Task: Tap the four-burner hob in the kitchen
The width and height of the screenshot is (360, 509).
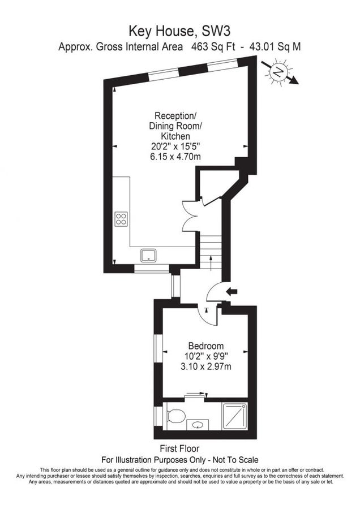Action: (x=121, y=218)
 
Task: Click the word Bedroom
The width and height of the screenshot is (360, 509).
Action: (x=206, y=346)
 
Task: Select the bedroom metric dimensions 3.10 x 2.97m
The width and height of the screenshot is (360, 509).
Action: (x=206, y=366)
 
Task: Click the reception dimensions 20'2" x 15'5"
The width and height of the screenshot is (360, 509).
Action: (x=174, y=146)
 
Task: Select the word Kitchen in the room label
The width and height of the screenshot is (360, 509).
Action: (x=174, y=136)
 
